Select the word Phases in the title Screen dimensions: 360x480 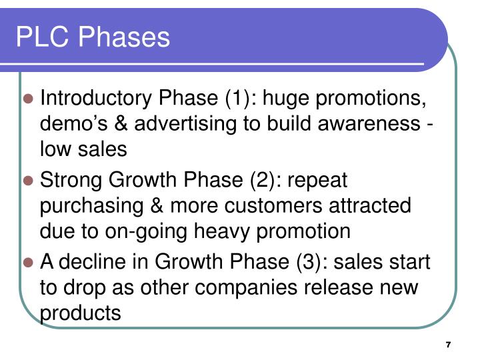[124, 37]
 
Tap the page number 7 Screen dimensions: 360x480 [448, 344]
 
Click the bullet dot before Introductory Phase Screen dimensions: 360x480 [29, 99]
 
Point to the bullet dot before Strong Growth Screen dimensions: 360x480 [29, 181]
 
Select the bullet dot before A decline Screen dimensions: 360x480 [29, 262]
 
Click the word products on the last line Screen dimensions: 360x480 [81, 313]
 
